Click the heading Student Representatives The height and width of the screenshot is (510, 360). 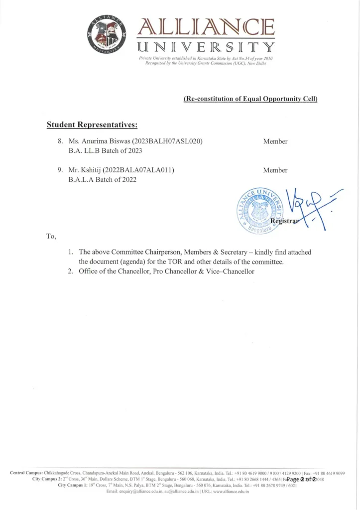(x=92, y=123)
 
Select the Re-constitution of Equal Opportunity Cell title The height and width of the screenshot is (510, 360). (x=250, y=99)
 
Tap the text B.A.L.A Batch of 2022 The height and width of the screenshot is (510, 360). (x=102, y=180)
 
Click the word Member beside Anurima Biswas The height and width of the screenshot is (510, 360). (x=275, y=141)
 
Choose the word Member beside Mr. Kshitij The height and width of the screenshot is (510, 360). (x=275, y=170)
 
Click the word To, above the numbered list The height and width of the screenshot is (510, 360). (x=51, y=236)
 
